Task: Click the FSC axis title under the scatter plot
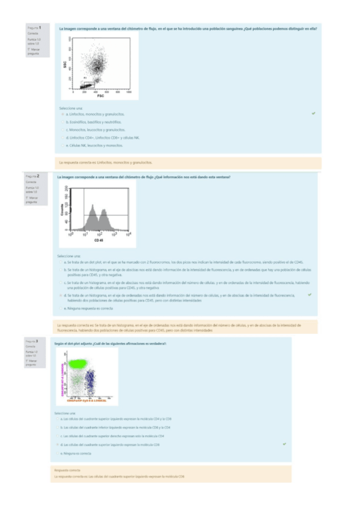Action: click(x=100, y=96)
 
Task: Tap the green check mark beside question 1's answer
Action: click(x=313, y=113)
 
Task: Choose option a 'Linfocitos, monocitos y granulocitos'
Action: click(x=97, y=114)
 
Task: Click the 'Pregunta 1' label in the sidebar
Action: click(x=34, y=28)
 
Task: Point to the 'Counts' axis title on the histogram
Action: click(x=62, y=209)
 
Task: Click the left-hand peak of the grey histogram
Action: click(x=92, y=209)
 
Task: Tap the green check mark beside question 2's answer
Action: click(x=309, y=295)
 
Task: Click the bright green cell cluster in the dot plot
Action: click(x=77, y=363)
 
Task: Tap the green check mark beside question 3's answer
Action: click(x=284, y=443)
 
